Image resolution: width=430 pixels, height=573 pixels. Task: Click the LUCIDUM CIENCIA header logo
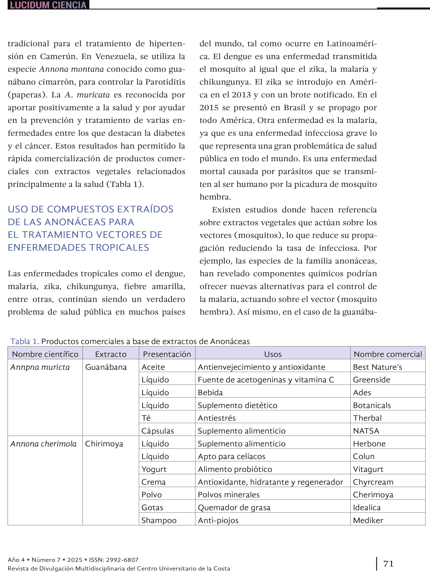[48, 5]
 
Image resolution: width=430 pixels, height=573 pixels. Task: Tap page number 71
[388, 564]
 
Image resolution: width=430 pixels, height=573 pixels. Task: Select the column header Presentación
[167, 354]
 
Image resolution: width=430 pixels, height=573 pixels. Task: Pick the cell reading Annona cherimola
[43, 444]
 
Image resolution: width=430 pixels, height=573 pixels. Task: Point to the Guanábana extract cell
[106, 367]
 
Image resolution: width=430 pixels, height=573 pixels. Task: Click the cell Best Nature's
[377, 367]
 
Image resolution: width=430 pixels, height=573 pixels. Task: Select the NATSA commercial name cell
[366, 431]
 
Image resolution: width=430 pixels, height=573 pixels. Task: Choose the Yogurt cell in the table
[154, 469]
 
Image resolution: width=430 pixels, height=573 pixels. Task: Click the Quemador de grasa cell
[234, 507]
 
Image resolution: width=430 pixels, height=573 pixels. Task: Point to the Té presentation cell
[146, 418]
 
